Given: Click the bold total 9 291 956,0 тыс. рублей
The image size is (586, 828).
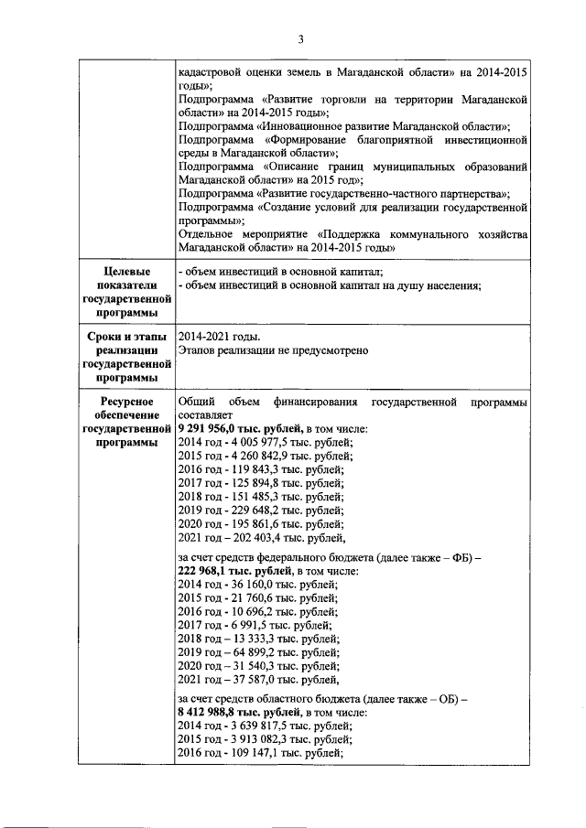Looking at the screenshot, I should coord(239,428).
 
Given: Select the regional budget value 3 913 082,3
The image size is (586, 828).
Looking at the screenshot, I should coord(257,739).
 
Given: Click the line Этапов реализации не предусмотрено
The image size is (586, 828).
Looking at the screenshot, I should coord(273,350).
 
